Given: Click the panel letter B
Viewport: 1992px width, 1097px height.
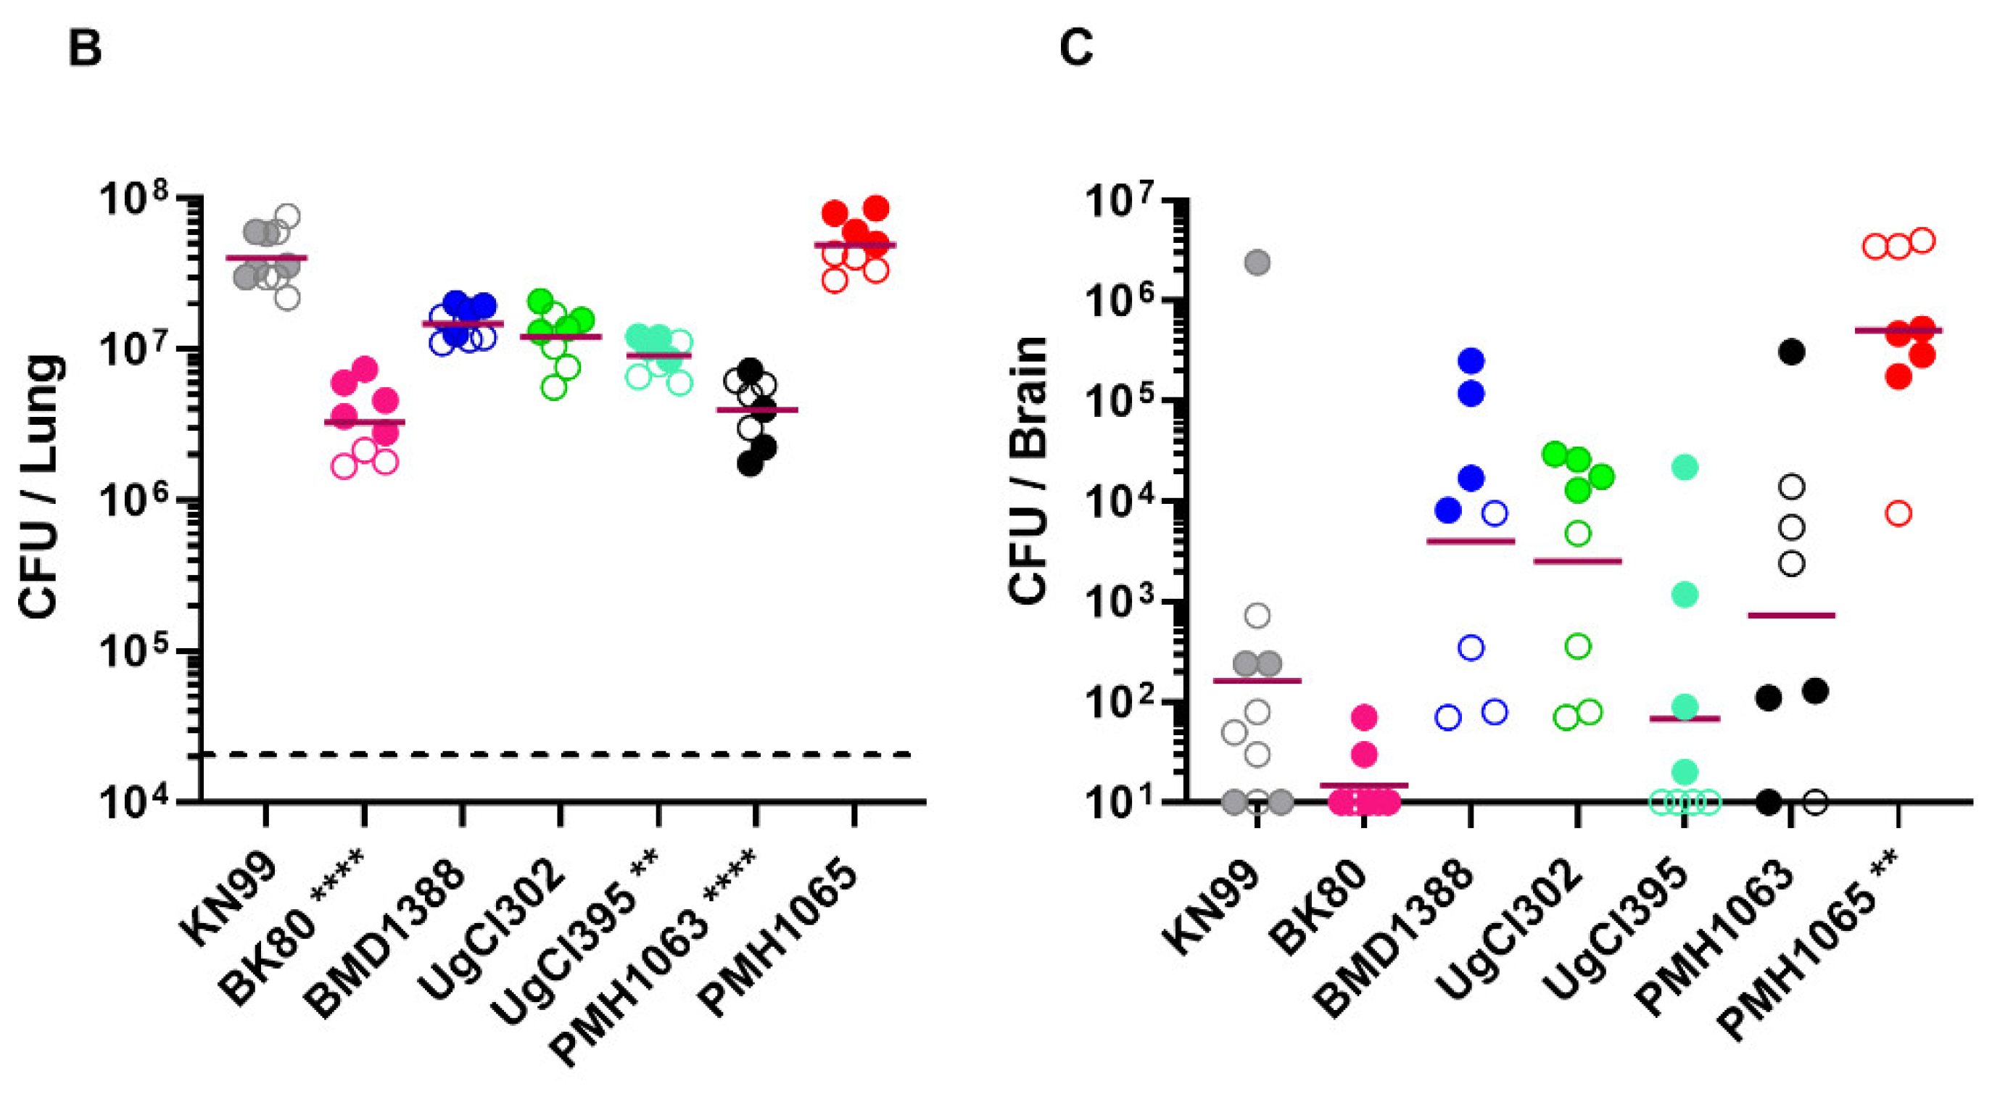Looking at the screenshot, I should point(84,49).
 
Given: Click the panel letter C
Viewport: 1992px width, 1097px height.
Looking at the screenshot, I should point(1075,49).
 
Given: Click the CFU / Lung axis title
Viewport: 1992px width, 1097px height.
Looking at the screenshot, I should point(40,487).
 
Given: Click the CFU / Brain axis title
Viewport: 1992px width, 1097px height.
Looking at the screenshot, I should point(1028,471).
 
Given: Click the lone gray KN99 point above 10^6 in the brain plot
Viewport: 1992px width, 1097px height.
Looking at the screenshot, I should point(1257,263).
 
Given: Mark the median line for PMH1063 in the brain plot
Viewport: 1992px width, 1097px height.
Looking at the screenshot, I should point(1791,616).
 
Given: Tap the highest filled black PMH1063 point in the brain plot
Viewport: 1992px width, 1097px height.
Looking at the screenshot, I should point(1791,352).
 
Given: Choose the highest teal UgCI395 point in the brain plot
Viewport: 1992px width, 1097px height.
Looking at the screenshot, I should point(1685,467).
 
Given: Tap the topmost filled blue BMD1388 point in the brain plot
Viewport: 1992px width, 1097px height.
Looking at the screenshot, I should point(1471,360).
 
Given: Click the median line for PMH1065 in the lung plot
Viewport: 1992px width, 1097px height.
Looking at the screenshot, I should point(854,245).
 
